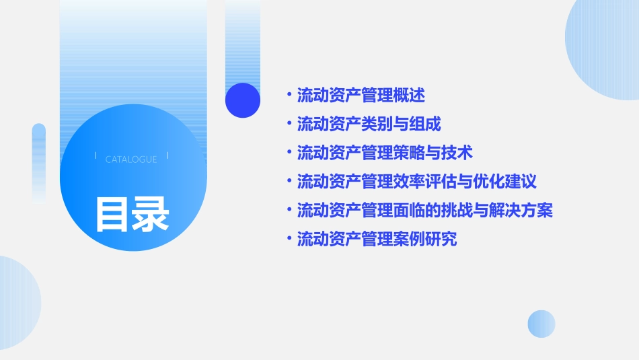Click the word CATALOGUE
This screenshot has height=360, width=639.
pos(131,159)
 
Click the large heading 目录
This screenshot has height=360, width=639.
pos(132,215)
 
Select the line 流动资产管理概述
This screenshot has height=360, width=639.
pos(361,96)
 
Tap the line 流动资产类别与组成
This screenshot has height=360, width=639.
pos(369,124)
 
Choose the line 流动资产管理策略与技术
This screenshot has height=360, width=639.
pos(385,153)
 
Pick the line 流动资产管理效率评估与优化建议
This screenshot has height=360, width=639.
pos(417,182)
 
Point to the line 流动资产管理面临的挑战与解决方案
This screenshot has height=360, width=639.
pos(425,211)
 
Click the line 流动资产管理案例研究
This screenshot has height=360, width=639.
pos(377,239)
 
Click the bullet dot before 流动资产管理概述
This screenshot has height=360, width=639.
pos(289,95)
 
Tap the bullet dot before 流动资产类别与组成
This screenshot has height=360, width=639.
pos(289,124)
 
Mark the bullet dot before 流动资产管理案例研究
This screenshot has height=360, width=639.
pos(289,238)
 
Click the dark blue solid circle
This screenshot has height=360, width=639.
pos(243,100)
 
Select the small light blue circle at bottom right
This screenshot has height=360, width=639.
pos(541,324)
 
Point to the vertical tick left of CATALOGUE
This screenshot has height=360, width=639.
pos(96,155)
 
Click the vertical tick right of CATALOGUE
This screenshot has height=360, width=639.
pos(167,155)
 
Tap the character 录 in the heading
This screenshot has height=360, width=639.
pos(151,215)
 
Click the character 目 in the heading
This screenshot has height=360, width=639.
pos(112,215)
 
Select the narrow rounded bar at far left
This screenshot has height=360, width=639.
pos(39,162)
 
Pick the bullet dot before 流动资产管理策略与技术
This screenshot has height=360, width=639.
pos(289,153)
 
